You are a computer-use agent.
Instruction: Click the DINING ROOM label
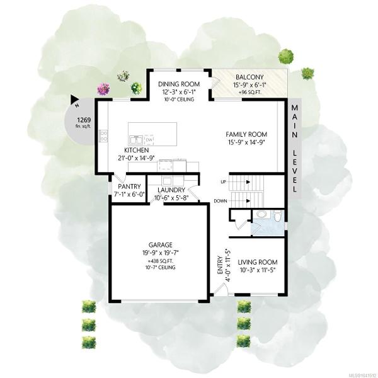pyautogui.click(x=179, y=84)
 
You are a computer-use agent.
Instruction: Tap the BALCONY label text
pyautogui.click(x=249, y=77)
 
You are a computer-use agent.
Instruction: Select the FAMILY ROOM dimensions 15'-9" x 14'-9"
pyautogui.click(x=246, y=142)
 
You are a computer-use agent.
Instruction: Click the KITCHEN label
pyautogui.click(x=137, y=150)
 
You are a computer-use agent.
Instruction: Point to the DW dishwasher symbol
pyautogui.click(x=149, y=139)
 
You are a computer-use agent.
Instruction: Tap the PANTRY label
pyautogui.click(x=129, y=186)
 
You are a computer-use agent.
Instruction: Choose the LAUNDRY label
pyautogui.click(x=171, y=190)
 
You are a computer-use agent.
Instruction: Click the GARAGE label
pyautogui.click(x=160, y=245)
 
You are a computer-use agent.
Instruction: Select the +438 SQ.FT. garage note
pyautogui.click(x=160, y=261)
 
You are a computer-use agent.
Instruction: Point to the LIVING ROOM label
pyautogui.click(x=258, y=262)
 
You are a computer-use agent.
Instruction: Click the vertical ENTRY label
pyautogui.click(x=220, y=265)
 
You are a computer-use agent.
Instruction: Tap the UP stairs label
pyautogui.click(x=223, y=182)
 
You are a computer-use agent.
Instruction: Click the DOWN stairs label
pyautogui.click(x=220, y=201)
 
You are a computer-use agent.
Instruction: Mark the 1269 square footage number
pyautogui.click(x=84, y=120)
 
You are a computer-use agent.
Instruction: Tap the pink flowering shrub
pyautogui.click(x=104, y=88)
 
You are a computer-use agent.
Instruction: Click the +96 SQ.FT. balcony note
pyautogui.click(x=249, y=93)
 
